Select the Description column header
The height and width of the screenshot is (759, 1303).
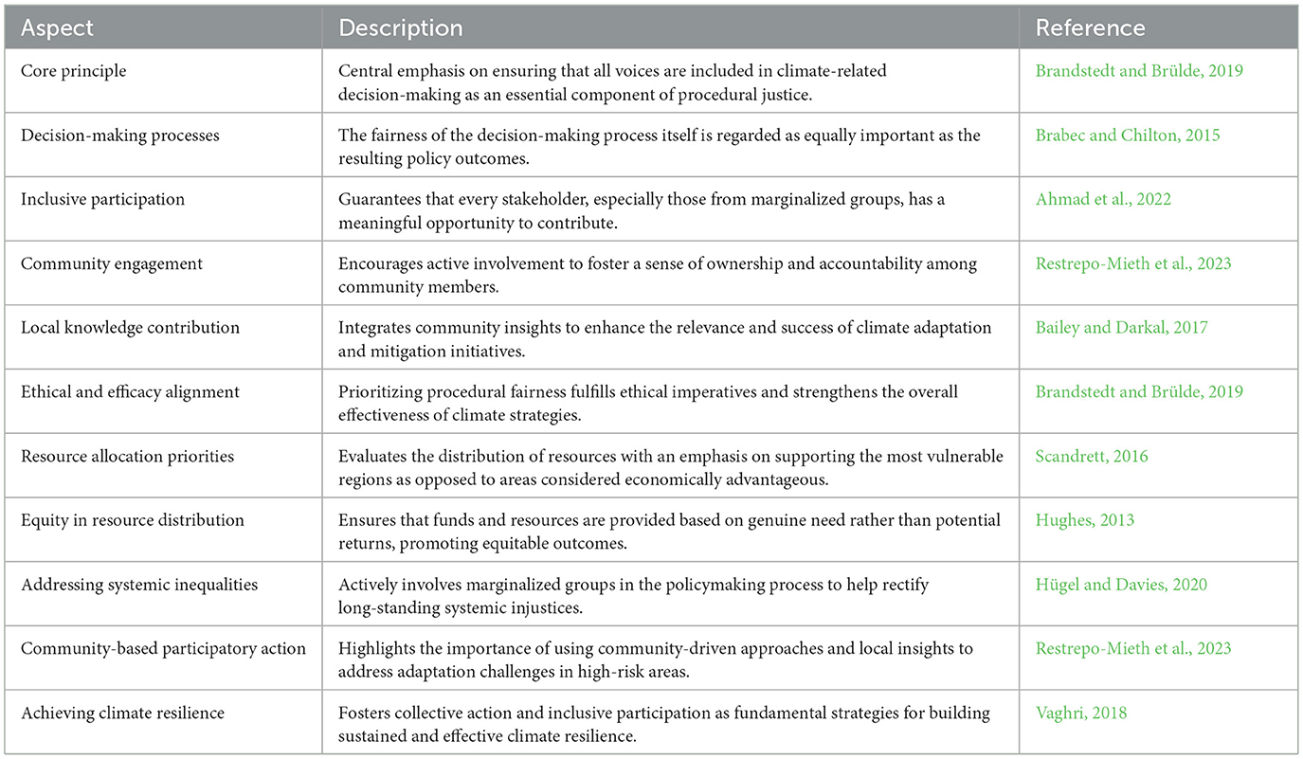click(401, 28)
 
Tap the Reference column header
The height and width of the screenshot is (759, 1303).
click(1090, 28)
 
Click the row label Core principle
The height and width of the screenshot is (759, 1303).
click(73, 71)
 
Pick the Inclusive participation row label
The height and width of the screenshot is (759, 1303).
click(102, 199)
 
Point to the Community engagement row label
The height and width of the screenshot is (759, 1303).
click(111, 263)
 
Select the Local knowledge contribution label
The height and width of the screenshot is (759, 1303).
click(130, 328)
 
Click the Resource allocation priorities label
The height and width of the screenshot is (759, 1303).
click(127, 456)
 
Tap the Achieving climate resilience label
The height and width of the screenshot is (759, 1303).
click(122, 713)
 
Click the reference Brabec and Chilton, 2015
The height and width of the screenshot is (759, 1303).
click(1128, 136)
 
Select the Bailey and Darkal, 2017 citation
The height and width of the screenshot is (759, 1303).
click(1121, 328)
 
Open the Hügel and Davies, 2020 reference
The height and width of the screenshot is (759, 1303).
click(1121, 585)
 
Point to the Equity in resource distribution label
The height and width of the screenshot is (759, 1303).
click(132, 520)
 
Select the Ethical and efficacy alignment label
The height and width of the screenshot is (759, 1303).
click(130, 391)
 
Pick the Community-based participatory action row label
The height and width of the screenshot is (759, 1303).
click(163, 648)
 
